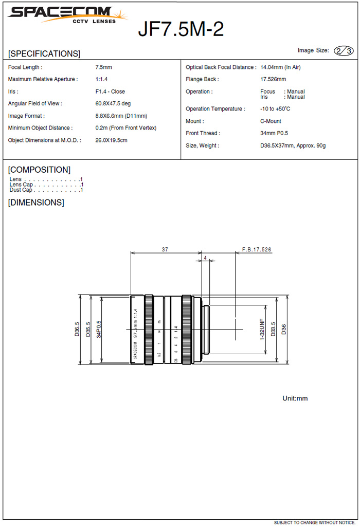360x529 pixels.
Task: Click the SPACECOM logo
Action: tap(67, 14)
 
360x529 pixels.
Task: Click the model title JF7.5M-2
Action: tap(181, 29)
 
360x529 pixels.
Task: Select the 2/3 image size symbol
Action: tap(344, 50)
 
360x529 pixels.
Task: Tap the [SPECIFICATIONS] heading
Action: tap(44, 53)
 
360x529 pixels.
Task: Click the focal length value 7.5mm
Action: tap(103, 67)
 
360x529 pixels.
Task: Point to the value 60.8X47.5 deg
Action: tap(113, 103)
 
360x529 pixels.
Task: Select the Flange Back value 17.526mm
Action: tap(273, 79)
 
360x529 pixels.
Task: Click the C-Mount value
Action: tap(271, 121)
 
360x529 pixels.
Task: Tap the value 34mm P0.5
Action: tap(274, 133)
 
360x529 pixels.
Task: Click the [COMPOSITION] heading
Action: tap(39, 170)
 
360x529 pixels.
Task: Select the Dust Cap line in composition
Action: tap(46, 190)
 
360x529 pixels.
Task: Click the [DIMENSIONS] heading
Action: tap(36, 203)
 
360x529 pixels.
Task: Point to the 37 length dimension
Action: tap(165, 249)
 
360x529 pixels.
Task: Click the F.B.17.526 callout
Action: tap(257, 249)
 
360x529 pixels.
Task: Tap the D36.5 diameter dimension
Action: tap(77, 329)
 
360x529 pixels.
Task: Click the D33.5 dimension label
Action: tap(273, 329)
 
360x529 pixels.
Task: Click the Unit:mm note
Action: tap(295, 398)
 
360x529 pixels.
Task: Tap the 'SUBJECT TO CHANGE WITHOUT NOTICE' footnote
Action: tap(314, 522)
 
